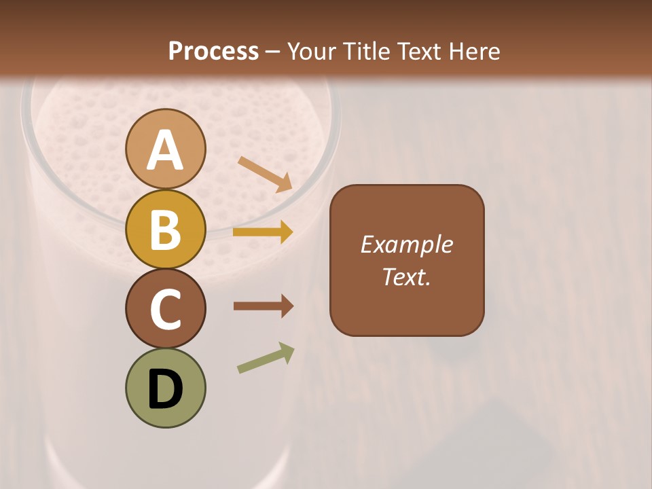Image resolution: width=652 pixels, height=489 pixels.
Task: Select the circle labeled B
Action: [165, 229]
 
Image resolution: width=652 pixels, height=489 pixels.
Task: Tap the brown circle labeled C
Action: [165, 308]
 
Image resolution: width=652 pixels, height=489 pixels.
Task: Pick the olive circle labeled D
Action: [165, 388]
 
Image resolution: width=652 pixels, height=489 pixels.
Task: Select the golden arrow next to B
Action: [263, 232]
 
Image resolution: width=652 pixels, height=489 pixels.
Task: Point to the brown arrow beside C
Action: [263, 306]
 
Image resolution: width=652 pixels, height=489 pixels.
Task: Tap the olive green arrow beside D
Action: [266, 358]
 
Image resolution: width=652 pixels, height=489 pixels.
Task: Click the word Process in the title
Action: [213, 51]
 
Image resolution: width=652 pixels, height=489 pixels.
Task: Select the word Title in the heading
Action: [367, 51]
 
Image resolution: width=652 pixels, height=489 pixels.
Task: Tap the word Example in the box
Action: [406, 244]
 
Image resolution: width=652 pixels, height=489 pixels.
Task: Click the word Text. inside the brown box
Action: [406, 276]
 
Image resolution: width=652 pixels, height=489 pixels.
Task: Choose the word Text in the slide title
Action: [418, 51]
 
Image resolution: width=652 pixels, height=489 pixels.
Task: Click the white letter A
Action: [165, 151]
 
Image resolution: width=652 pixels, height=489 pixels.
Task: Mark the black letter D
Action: [165, 390]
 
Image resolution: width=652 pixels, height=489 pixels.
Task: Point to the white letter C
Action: [165, 309]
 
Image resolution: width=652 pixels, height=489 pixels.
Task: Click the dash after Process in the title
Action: [272, 52]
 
